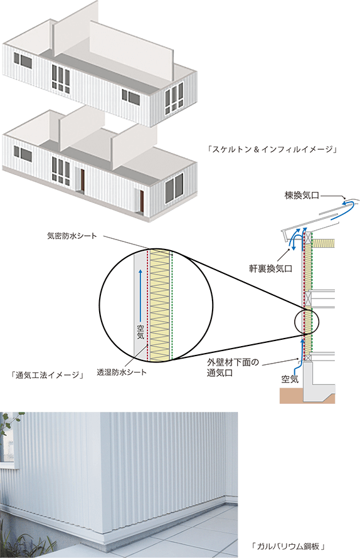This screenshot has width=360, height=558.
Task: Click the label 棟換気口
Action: coord(302,196)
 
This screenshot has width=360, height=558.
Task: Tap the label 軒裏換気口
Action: coord(270,268)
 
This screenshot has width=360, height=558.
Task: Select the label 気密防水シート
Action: coord(72,236)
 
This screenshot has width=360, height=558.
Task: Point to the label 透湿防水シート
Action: coord(122,372)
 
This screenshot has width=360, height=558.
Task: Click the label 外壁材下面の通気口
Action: coord(233,367)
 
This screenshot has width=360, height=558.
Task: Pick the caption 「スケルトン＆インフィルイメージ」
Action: coord(272,149)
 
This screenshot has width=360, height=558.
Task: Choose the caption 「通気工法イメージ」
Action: coord(48,375)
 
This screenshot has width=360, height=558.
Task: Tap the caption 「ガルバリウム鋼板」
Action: coord(288,546)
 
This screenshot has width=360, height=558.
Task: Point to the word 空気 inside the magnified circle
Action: coord(140,331)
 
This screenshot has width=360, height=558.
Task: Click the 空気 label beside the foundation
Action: coord(290,379)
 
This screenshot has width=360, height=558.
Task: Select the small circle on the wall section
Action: coord(307,322)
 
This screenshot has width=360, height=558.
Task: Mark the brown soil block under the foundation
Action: coord(307,395)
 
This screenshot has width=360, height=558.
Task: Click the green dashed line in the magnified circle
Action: coord(172,305)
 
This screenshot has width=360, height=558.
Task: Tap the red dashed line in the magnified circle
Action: coord(147,305)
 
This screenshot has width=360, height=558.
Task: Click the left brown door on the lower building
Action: coord(83,180)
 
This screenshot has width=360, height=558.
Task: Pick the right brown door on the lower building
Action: coord(142,201)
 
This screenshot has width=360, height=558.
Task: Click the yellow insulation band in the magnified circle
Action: coord(159,305)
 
